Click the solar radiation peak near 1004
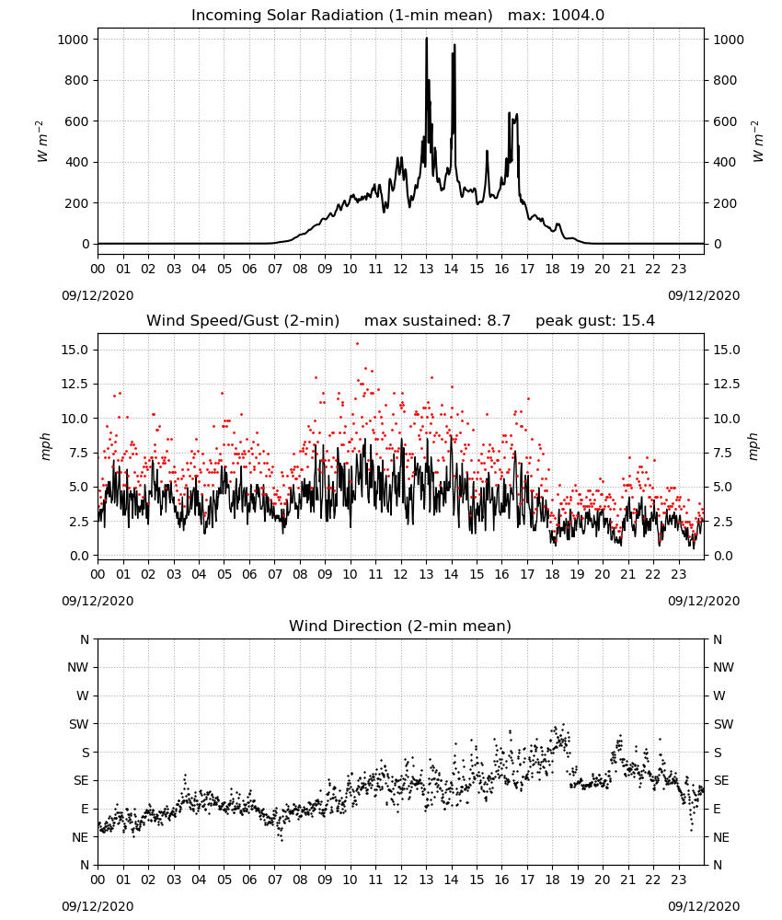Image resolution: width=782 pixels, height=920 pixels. (427, 39)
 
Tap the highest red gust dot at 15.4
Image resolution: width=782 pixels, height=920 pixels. (357, 344)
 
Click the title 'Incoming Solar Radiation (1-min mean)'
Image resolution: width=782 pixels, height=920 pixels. (342, 16)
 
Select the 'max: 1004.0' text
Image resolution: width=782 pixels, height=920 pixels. (557, 16)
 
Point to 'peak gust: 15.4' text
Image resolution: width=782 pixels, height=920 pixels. (595, 321)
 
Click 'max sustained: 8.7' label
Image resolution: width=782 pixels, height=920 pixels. (438, 321)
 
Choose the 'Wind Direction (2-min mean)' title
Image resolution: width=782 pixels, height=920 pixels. (400, 626)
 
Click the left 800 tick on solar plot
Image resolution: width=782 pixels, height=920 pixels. (76, 80)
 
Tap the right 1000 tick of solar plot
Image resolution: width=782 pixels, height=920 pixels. (729, 40)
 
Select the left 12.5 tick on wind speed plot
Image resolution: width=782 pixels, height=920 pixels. (74, 384)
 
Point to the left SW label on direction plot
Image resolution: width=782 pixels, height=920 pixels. (79, 724)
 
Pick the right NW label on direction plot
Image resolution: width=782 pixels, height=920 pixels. (723, 667)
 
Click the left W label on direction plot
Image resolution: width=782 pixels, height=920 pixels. (83, 696)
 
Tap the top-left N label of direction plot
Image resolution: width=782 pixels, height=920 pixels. (85, 639)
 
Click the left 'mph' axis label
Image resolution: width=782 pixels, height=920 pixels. (46, 446)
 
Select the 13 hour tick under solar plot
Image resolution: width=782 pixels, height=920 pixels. (426, 270)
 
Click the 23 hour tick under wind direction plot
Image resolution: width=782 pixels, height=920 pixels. (679, 880)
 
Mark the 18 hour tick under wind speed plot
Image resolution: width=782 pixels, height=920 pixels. (552, 574)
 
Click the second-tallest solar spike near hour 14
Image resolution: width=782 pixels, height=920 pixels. (454, 45)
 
